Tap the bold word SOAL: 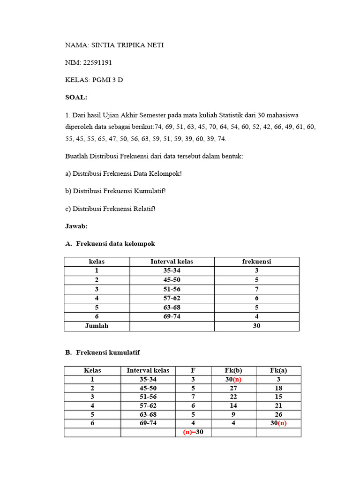coord(76,97)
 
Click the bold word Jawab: coord(76,226)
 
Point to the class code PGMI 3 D coord(108,80)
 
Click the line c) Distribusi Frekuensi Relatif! coord(110,209)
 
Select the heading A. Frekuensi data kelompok coord(110,244)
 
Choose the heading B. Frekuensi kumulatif coord(102,352)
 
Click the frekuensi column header coord(256,262)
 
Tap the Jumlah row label coord(97,326)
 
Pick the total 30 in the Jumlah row coord(256,326)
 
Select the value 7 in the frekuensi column coord(256,289)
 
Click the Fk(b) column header coord(233,370)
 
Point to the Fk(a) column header coord(278,370)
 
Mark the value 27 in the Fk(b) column coord(233,388)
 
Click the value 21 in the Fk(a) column coord(278,406)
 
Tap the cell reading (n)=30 coord(193,432)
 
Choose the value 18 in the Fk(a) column coord(278,388)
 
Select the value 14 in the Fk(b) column coord(233,406)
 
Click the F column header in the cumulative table coord(193,370)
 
